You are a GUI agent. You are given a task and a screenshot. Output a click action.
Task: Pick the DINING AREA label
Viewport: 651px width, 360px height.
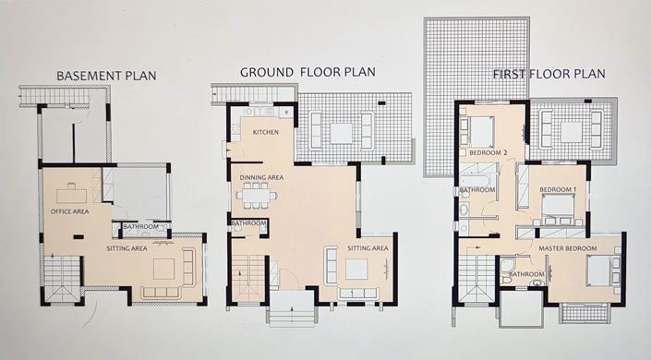[261, 177]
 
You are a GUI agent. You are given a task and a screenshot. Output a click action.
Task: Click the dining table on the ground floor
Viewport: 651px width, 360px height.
[257, 194]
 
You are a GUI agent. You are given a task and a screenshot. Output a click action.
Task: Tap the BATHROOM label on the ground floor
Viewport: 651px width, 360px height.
[248, 222]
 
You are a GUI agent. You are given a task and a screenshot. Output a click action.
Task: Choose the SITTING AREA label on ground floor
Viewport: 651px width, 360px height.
[368, 248]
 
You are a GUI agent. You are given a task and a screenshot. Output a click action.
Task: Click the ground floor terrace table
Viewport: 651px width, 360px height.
[342, 133]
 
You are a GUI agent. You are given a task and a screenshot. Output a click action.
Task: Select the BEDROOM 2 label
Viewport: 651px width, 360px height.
[489, 151]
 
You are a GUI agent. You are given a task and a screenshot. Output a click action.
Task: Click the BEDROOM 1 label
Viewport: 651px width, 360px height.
[558, 190]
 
